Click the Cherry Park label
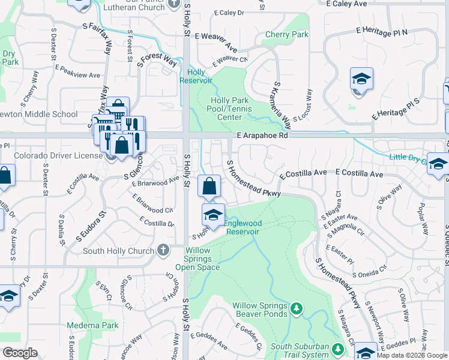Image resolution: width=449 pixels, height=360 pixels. coord(286,35)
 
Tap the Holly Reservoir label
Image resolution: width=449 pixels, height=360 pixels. coord(196,76)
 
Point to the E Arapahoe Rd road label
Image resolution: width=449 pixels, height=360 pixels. coord(262,136)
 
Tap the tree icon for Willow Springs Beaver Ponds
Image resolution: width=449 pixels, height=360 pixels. coord(295,308)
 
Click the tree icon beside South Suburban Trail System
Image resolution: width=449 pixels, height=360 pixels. coord(338,348)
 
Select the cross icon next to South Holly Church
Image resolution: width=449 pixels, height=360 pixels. coord(163,251)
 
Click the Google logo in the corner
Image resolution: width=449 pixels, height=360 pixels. coord(20,353)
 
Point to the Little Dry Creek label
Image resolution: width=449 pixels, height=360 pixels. coord(414,158)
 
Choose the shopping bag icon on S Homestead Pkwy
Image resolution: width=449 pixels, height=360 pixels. coord(209,187)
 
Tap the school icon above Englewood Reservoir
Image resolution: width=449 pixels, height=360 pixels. coord(213,214)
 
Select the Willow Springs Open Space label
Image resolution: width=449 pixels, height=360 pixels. coord(202,259)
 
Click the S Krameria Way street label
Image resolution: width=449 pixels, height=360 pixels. coord(283,104)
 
